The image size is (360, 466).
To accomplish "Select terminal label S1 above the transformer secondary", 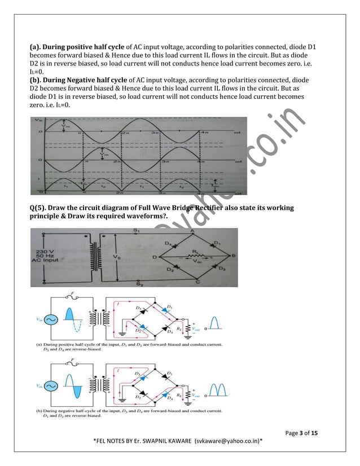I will (x=137, y=231).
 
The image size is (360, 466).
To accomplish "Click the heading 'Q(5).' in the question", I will (x=39, y=208).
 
